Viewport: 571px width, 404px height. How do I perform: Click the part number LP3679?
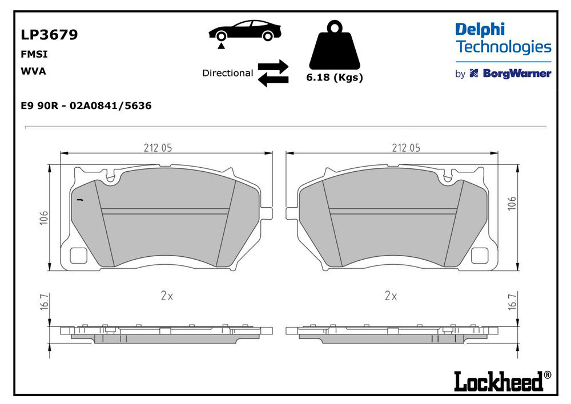[49, 35]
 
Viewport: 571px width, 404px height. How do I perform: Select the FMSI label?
[34, 54]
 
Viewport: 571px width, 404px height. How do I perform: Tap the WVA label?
[34, 71]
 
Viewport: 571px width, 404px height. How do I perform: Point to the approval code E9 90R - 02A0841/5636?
[86, 106]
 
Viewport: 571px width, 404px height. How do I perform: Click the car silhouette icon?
[245, 32]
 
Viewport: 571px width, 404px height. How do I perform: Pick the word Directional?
[228, 73]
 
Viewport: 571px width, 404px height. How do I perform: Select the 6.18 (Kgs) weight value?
[335, 78]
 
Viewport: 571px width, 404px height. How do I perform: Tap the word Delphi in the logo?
[480, 30]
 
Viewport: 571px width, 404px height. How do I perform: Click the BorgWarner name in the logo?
[517, 74]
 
